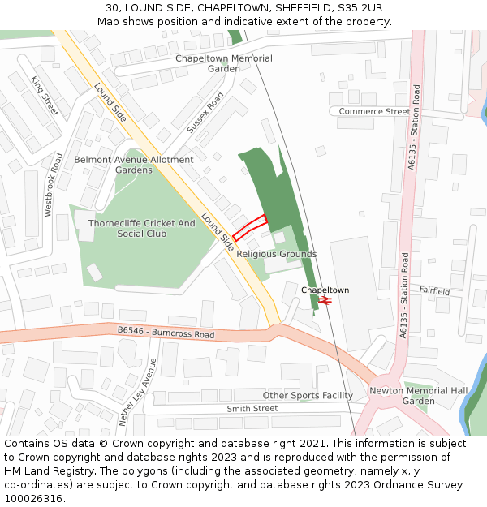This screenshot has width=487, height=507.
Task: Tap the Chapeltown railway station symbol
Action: coord(325,300)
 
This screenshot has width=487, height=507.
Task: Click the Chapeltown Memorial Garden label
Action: coord(224,63)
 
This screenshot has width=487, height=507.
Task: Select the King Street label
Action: coord(44,96)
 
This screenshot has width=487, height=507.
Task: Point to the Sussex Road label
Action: coord(205,112)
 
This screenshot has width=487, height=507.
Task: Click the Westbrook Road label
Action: coord(54,184)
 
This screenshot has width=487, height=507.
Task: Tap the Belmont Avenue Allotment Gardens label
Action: coord(134,165)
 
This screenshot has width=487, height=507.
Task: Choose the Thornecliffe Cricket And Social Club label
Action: coord(141,228)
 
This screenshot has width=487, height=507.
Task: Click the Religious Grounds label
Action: coord(276,254)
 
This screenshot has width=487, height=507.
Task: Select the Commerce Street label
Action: coord(374,111)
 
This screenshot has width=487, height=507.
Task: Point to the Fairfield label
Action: coord(434,290)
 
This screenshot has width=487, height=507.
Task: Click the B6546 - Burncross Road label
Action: coord(166,332)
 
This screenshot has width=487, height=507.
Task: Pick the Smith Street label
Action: coord(252,409)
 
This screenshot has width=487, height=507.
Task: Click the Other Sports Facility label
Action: coord(308,396)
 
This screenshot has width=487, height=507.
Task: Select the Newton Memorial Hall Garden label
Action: coord(419,396)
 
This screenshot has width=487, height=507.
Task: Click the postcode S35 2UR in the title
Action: coord(360,8)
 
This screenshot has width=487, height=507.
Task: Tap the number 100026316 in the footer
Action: coord(32,499)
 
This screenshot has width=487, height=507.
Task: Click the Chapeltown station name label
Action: coord(325,290)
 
